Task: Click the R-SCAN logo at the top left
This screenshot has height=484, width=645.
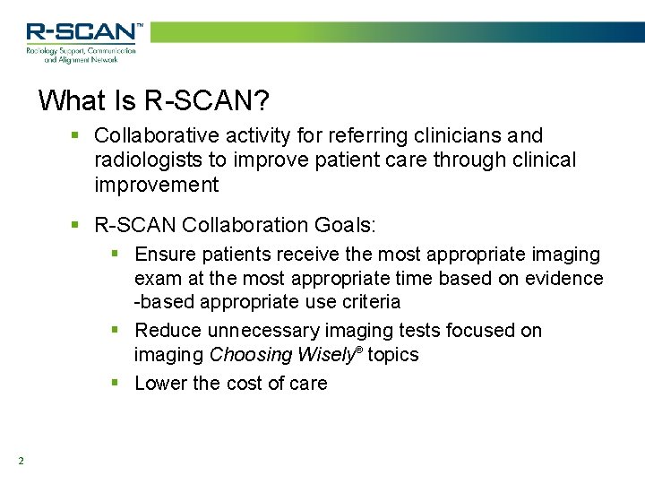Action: click(x=82, y=32)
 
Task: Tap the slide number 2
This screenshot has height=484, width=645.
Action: click(x=20, y=462)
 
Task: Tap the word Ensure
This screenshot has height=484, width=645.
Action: click(x=166, y=255)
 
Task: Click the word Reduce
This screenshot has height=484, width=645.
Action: click(x=168, y=331)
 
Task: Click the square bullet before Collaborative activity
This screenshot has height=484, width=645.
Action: click(x=77, y=136)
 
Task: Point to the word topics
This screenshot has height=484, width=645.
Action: click(x=393, y=355)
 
